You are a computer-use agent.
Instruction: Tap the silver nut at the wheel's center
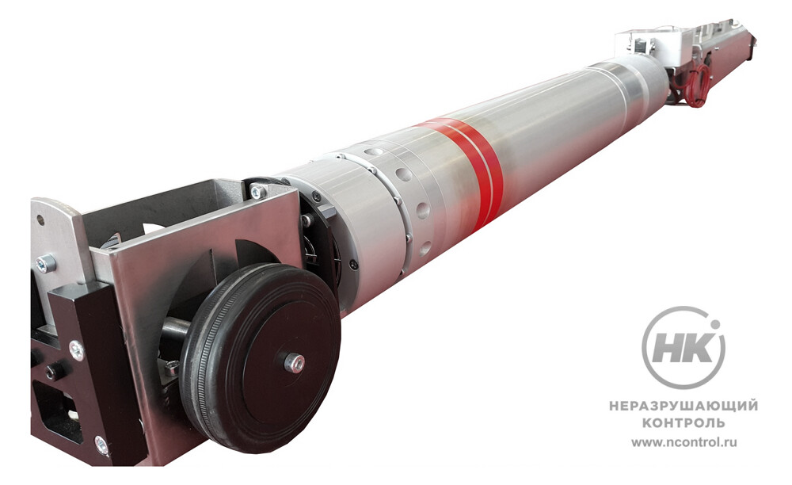click(294, 363)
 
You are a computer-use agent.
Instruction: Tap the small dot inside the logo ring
click(714, 324)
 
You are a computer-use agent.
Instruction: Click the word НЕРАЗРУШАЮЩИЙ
click(683, 406)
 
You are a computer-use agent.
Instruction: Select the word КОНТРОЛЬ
click(683, 422)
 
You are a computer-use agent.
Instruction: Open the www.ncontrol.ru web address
click(684, 442)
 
